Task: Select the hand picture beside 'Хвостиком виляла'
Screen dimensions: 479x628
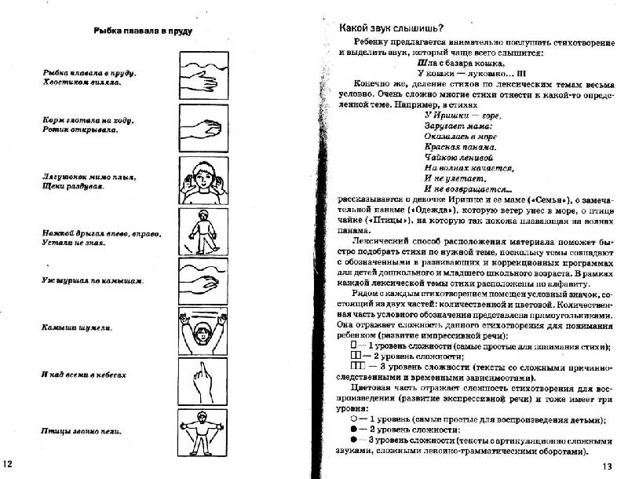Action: tap(203, 75)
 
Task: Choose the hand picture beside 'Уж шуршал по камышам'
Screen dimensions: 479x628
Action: tap(203, 280)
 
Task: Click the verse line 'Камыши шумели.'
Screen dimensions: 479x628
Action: tap(76, 327)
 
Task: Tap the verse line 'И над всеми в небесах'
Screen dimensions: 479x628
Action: tap(84, 375)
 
